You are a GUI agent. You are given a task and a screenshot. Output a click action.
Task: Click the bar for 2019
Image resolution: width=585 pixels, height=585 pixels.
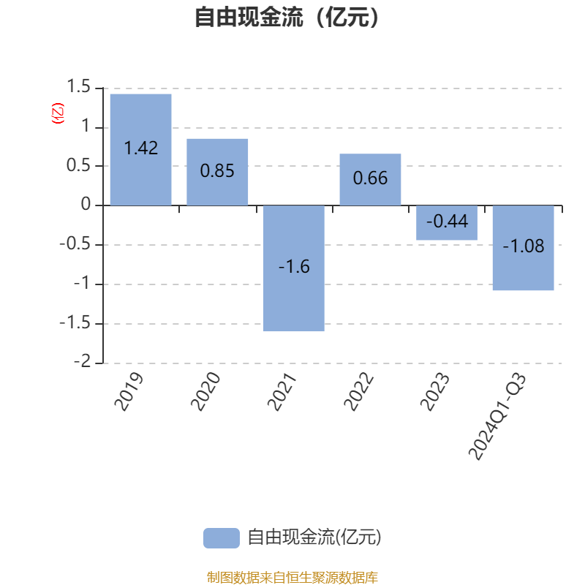pyautogui.click(x=140, y=175)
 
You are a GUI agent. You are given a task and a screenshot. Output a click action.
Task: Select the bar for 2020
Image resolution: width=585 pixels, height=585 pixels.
pyautogui.click(x=217, y=190)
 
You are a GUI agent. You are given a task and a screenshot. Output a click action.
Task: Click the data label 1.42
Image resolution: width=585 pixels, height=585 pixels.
pyautogui.click(x=140, y=148)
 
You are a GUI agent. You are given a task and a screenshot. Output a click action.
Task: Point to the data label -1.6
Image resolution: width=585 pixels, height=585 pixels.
pyautogui.click(x=294, y=267)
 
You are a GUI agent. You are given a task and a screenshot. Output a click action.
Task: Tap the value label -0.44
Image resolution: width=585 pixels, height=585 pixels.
pyautogui.click(x=447, y=221)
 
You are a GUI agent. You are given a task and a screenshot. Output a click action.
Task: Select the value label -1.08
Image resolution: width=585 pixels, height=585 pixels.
pyautogui.click(x=524, y=246)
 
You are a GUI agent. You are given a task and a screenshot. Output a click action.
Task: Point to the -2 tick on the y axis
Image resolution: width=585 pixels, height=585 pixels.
pyautogui.click(x=83, y=363)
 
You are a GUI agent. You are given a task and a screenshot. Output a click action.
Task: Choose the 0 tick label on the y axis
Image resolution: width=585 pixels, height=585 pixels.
pyautogui.click(x=87, y=205)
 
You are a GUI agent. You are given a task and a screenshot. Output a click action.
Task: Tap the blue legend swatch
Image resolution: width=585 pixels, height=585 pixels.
pyautogui.click(x=221, y=537)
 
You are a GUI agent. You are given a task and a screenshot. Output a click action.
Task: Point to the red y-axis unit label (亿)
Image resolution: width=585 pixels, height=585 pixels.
pyautogui.click(x=58, y=113)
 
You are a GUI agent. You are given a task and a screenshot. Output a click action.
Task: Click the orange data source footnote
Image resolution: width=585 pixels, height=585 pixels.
pyautogui.click(x=292, y=578)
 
